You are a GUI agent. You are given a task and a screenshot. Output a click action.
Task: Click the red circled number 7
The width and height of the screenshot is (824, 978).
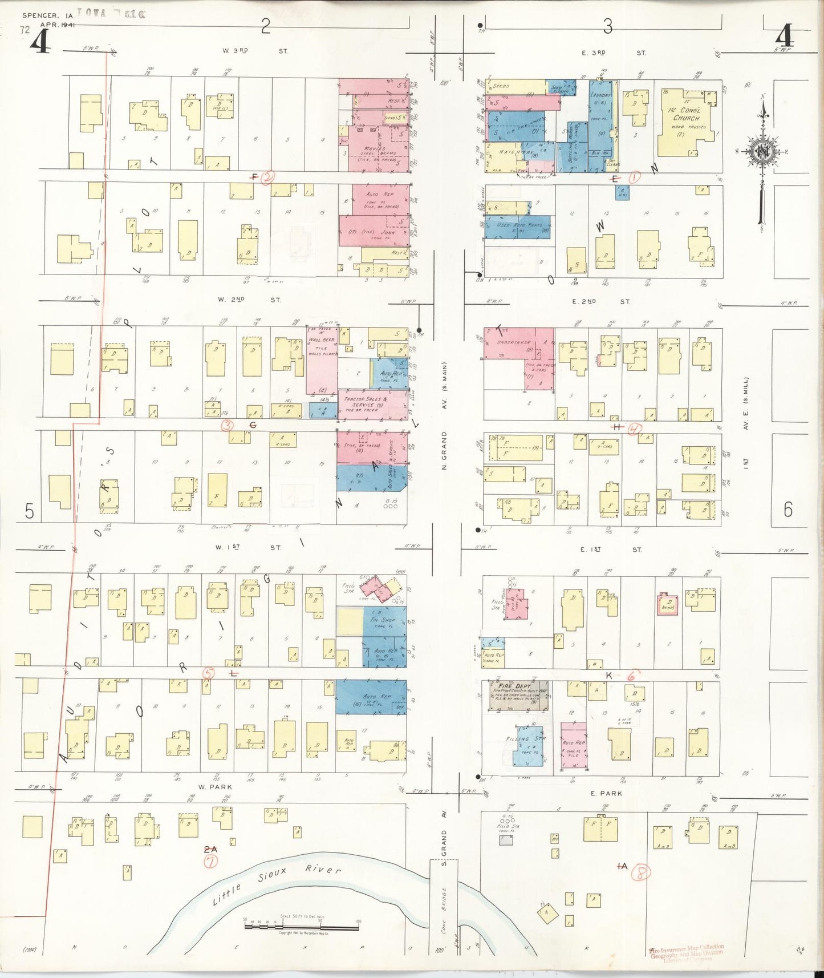coord(211,862)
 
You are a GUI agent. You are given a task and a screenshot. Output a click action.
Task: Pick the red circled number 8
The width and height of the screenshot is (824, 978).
coord(641,873)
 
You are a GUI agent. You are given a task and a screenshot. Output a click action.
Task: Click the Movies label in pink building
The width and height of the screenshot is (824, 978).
coord(375,149)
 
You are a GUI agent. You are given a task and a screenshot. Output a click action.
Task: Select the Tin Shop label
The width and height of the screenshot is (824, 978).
coord(382,620)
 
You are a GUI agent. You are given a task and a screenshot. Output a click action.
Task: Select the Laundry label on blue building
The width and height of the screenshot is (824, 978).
coord(600,95)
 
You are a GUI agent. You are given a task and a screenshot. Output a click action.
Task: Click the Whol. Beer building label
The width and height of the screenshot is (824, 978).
coord(322,340)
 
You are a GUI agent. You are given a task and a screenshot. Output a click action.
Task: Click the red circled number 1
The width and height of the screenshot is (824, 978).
coord(635,177)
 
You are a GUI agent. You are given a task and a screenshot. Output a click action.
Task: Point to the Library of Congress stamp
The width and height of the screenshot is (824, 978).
coord(687,953)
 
